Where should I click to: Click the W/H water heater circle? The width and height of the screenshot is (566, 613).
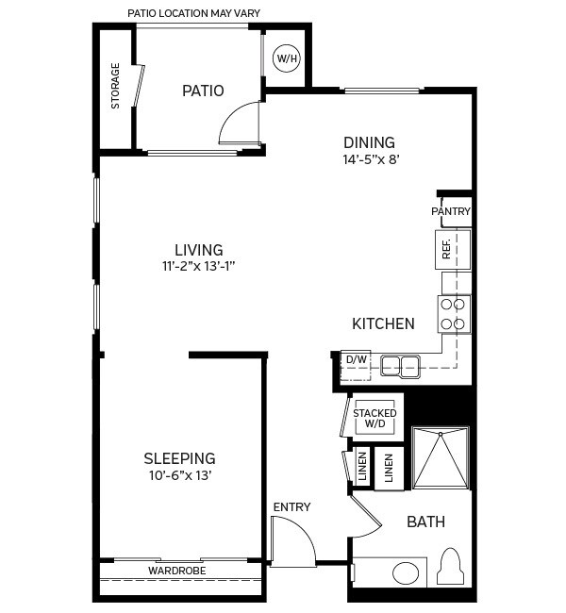point(286,58)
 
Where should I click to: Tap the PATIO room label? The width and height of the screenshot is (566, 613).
point(203,91)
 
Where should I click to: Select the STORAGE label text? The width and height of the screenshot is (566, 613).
point(116,86)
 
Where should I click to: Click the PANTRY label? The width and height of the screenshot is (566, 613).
point(451,211)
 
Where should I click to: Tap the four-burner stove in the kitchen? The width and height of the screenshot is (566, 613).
point(454,313)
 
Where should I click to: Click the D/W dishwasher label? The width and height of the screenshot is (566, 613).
point(356,360)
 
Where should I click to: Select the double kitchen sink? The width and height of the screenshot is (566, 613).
point(401,365)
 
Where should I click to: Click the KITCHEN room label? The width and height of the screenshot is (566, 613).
point(383,323)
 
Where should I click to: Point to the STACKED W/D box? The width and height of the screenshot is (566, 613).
point(375,418)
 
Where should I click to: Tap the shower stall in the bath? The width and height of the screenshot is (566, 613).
point(441,458)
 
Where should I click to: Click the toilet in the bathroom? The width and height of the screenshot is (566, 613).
point(452,569)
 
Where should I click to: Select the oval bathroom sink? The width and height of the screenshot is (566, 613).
point(407,573)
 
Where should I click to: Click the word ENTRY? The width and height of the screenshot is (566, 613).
point(291,507)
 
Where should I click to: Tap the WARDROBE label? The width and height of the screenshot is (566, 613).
point(177,571)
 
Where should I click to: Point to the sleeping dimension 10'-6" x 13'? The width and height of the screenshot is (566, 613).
point(179,475)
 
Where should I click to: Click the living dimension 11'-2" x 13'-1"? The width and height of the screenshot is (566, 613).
point(198,266)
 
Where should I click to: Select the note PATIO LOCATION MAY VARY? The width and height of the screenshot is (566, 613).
point(193,13)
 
